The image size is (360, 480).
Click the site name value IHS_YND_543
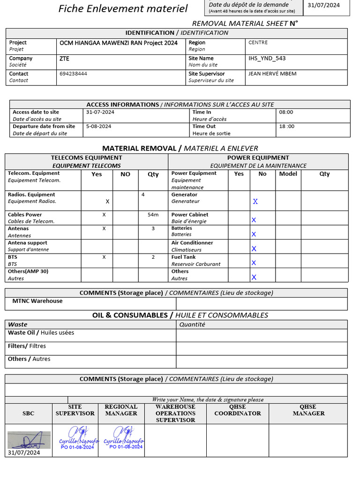click(x=267, y=59)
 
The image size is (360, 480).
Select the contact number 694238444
click(x=73, y=74)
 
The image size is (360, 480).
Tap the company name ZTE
click(x=64, y=59)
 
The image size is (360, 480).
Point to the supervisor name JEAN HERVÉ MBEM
click(x=272, y=74)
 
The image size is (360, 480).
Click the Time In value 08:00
click(x=286, y=112)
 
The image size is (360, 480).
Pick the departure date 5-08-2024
click(x=98, y=127)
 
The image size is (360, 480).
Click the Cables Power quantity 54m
click(x=153, y=215)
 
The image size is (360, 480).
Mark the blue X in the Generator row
click(x=255, y=202)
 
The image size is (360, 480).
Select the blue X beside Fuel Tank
click(x=254, y=263)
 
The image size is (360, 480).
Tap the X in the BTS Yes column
click(x=104, y=257)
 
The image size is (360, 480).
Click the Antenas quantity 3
click(x=153, y=229)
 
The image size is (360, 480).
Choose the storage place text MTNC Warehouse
click(x=37, y=301)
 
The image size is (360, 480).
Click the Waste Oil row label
click(x=41, y=333)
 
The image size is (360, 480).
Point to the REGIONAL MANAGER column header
click(x=121, y=410)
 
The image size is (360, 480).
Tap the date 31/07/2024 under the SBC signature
click(x=24, y=453)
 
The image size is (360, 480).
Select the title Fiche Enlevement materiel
click(x=123, y=8)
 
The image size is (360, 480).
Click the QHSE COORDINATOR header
click(x=238, y=410)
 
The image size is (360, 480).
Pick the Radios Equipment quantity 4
click(x=142, y=194)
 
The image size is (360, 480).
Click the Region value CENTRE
click(x=258, y=43)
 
